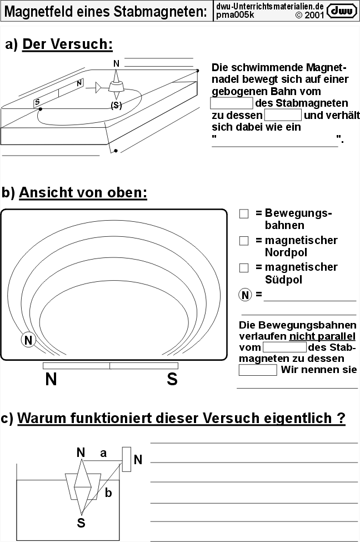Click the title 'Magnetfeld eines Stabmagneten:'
pos(106,12)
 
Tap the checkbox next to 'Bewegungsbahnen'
pos(243,214)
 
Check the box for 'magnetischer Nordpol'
pos(243,241)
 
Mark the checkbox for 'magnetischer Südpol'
pos(243,267)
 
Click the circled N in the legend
pos(245,295)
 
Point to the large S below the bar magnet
pos(172,380)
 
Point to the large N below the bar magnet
pos(51,380)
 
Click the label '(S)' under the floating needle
pos(116,106)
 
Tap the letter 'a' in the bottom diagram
pos(103,453)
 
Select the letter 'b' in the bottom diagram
pos(108,492)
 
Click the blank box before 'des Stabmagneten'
pos(231,103)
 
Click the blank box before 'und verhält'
pos(283,115)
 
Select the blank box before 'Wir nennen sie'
pos(257,370)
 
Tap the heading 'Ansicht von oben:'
pos(83,193)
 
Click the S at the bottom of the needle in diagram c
pos(81,522)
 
